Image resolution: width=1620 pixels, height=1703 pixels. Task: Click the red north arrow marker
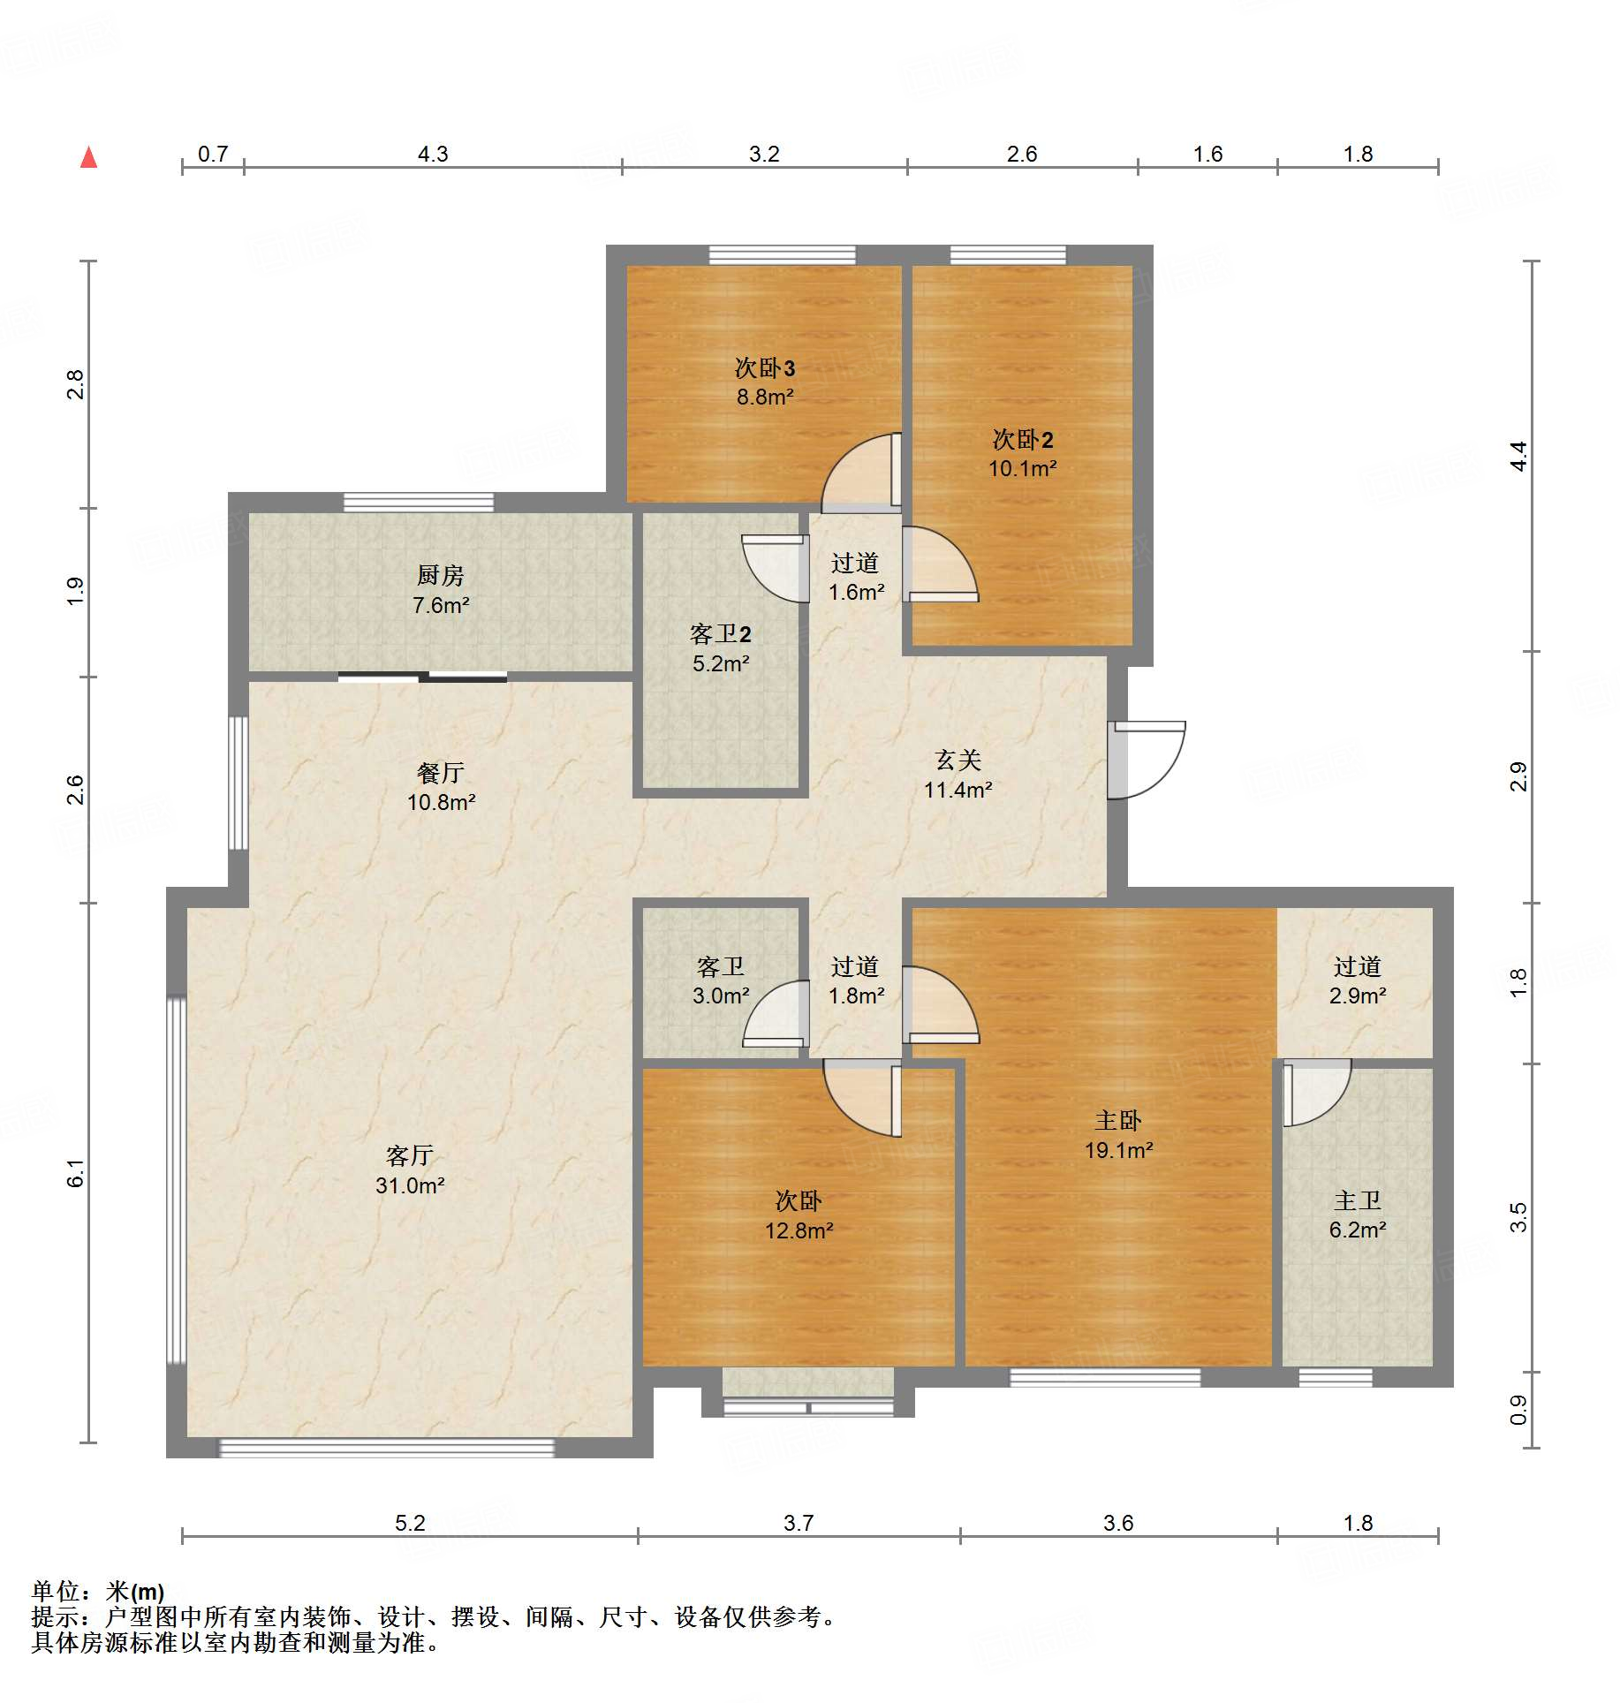click(x=88, y=157)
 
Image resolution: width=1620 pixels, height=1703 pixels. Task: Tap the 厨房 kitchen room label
click(x=440, y=575)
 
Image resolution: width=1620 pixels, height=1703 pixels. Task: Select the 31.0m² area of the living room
click(x=410, y=1185)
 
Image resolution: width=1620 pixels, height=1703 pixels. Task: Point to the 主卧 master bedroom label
click(x=1118, y=1121)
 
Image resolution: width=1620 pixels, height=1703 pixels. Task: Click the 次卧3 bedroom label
click(x=765, y=368)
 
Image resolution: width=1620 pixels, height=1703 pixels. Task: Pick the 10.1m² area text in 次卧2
click(x=1022, y=468)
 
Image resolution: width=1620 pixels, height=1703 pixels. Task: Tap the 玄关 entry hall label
click(x=958, y=760)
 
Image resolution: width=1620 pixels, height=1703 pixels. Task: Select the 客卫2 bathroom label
click(x=720, y=634)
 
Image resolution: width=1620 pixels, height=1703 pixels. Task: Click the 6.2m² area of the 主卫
click(x=1358, y=1230)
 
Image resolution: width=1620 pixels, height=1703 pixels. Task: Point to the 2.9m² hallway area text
click(x=1358, y=995)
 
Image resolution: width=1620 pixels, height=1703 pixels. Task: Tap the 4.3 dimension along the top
click(x=433, y=154)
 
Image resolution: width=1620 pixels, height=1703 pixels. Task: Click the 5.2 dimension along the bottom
click(x=410, y=1523)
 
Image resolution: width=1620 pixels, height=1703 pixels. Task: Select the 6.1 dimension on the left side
click(x=76, y=1173)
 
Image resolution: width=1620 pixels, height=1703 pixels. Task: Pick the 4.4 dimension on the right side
click(x=1518, y=456)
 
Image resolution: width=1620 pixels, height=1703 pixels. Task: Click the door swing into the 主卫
click(x=1316, y=1093)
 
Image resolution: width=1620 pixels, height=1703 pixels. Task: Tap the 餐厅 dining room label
click(x=440, y=773)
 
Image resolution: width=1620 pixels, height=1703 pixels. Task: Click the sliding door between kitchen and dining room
click(x=422, y=677)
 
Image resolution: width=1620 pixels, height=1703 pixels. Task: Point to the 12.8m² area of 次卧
click(x=799, y=1230)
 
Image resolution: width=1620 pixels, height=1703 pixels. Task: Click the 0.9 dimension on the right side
click(x=1518, y=1410)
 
